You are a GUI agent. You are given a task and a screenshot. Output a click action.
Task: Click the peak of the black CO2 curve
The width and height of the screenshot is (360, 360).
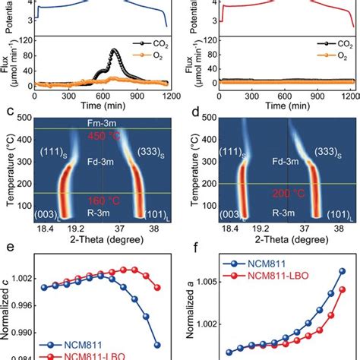click(x=115, y=51)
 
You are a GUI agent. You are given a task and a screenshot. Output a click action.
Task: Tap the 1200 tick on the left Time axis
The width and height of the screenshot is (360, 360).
click(x=170, y=96)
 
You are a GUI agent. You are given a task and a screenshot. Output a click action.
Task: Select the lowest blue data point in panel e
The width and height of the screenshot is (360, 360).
click(x=156, y=343)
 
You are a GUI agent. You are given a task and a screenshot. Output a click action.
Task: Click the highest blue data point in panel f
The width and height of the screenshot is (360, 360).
click(x=341, y=270)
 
